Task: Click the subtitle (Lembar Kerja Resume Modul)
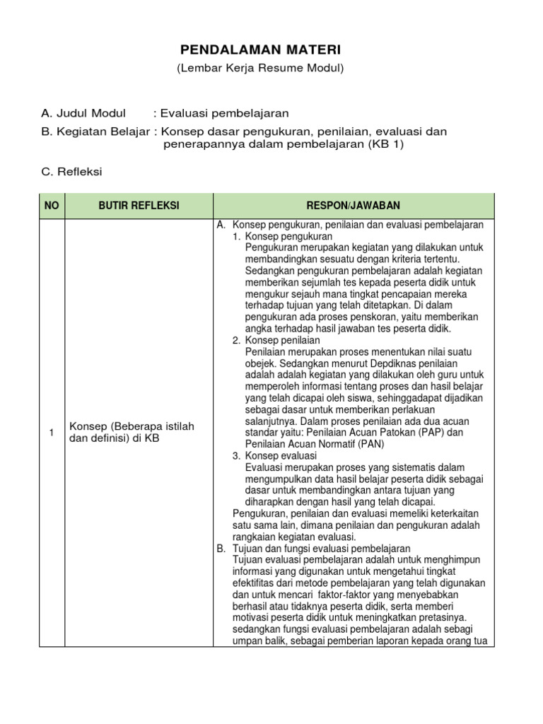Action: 260,68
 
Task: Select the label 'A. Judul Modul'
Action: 83,113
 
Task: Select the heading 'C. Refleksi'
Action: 72,171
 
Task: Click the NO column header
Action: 52,206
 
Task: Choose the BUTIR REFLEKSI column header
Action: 139,206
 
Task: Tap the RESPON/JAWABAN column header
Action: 354,206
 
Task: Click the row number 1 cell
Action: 52,432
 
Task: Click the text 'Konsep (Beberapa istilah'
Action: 131,426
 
